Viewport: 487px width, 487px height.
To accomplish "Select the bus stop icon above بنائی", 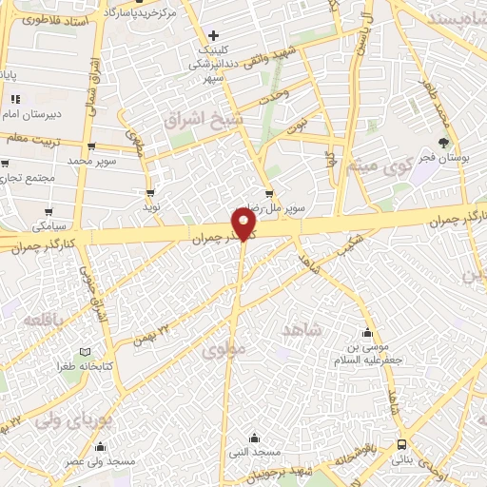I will coord(402,444).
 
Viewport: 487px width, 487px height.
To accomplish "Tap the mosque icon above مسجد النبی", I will coord(254,438).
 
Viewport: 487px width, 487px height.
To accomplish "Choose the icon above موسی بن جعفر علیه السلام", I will coord(367,333).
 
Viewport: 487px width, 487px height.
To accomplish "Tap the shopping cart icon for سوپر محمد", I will coord(91,146).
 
